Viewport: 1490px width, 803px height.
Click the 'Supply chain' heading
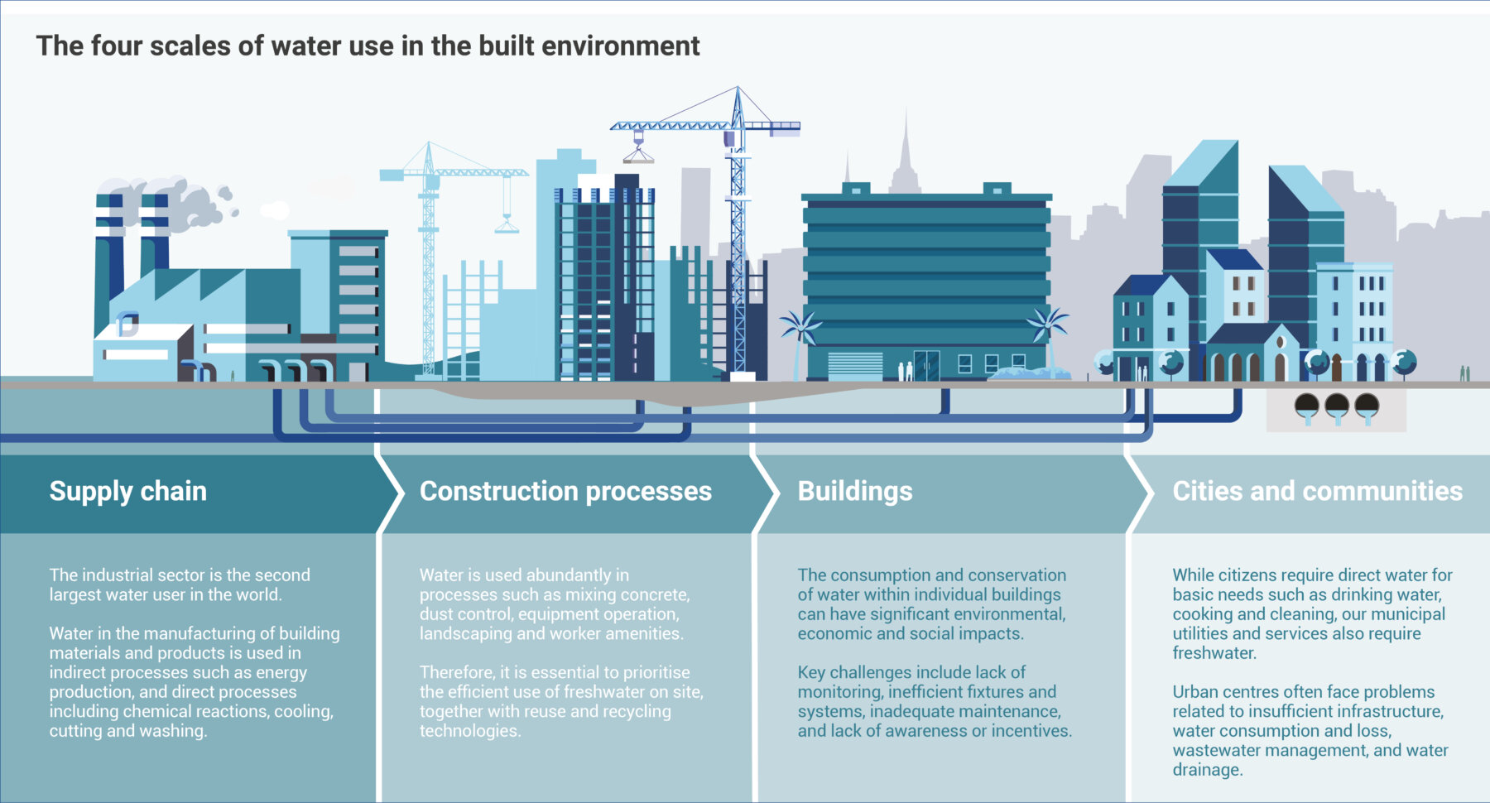tap(127, 492)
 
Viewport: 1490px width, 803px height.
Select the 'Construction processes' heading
tap(565, 492)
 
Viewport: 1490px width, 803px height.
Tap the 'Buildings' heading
tap(855, 492)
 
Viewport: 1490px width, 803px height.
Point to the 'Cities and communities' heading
tap(1318, 491)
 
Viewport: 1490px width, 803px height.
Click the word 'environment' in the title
tap(621, 46)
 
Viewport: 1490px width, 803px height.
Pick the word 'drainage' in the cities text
tap(1208, 770)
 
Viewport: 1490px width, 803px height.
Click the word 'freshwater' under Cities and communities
tap(1214, 653)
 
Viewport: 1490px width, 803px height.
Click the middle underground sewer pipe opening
tap(1337, 406)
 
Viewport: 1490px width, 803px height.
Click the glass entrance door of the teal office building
tap(926, 365)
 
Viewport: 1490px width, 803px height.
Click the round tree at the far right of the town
tap(1404, 363)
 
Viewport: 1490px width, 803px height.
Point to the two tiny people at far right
tap(1464, 373)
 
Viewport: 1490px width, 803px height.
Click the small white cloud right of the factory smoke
tap(275, 210)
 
